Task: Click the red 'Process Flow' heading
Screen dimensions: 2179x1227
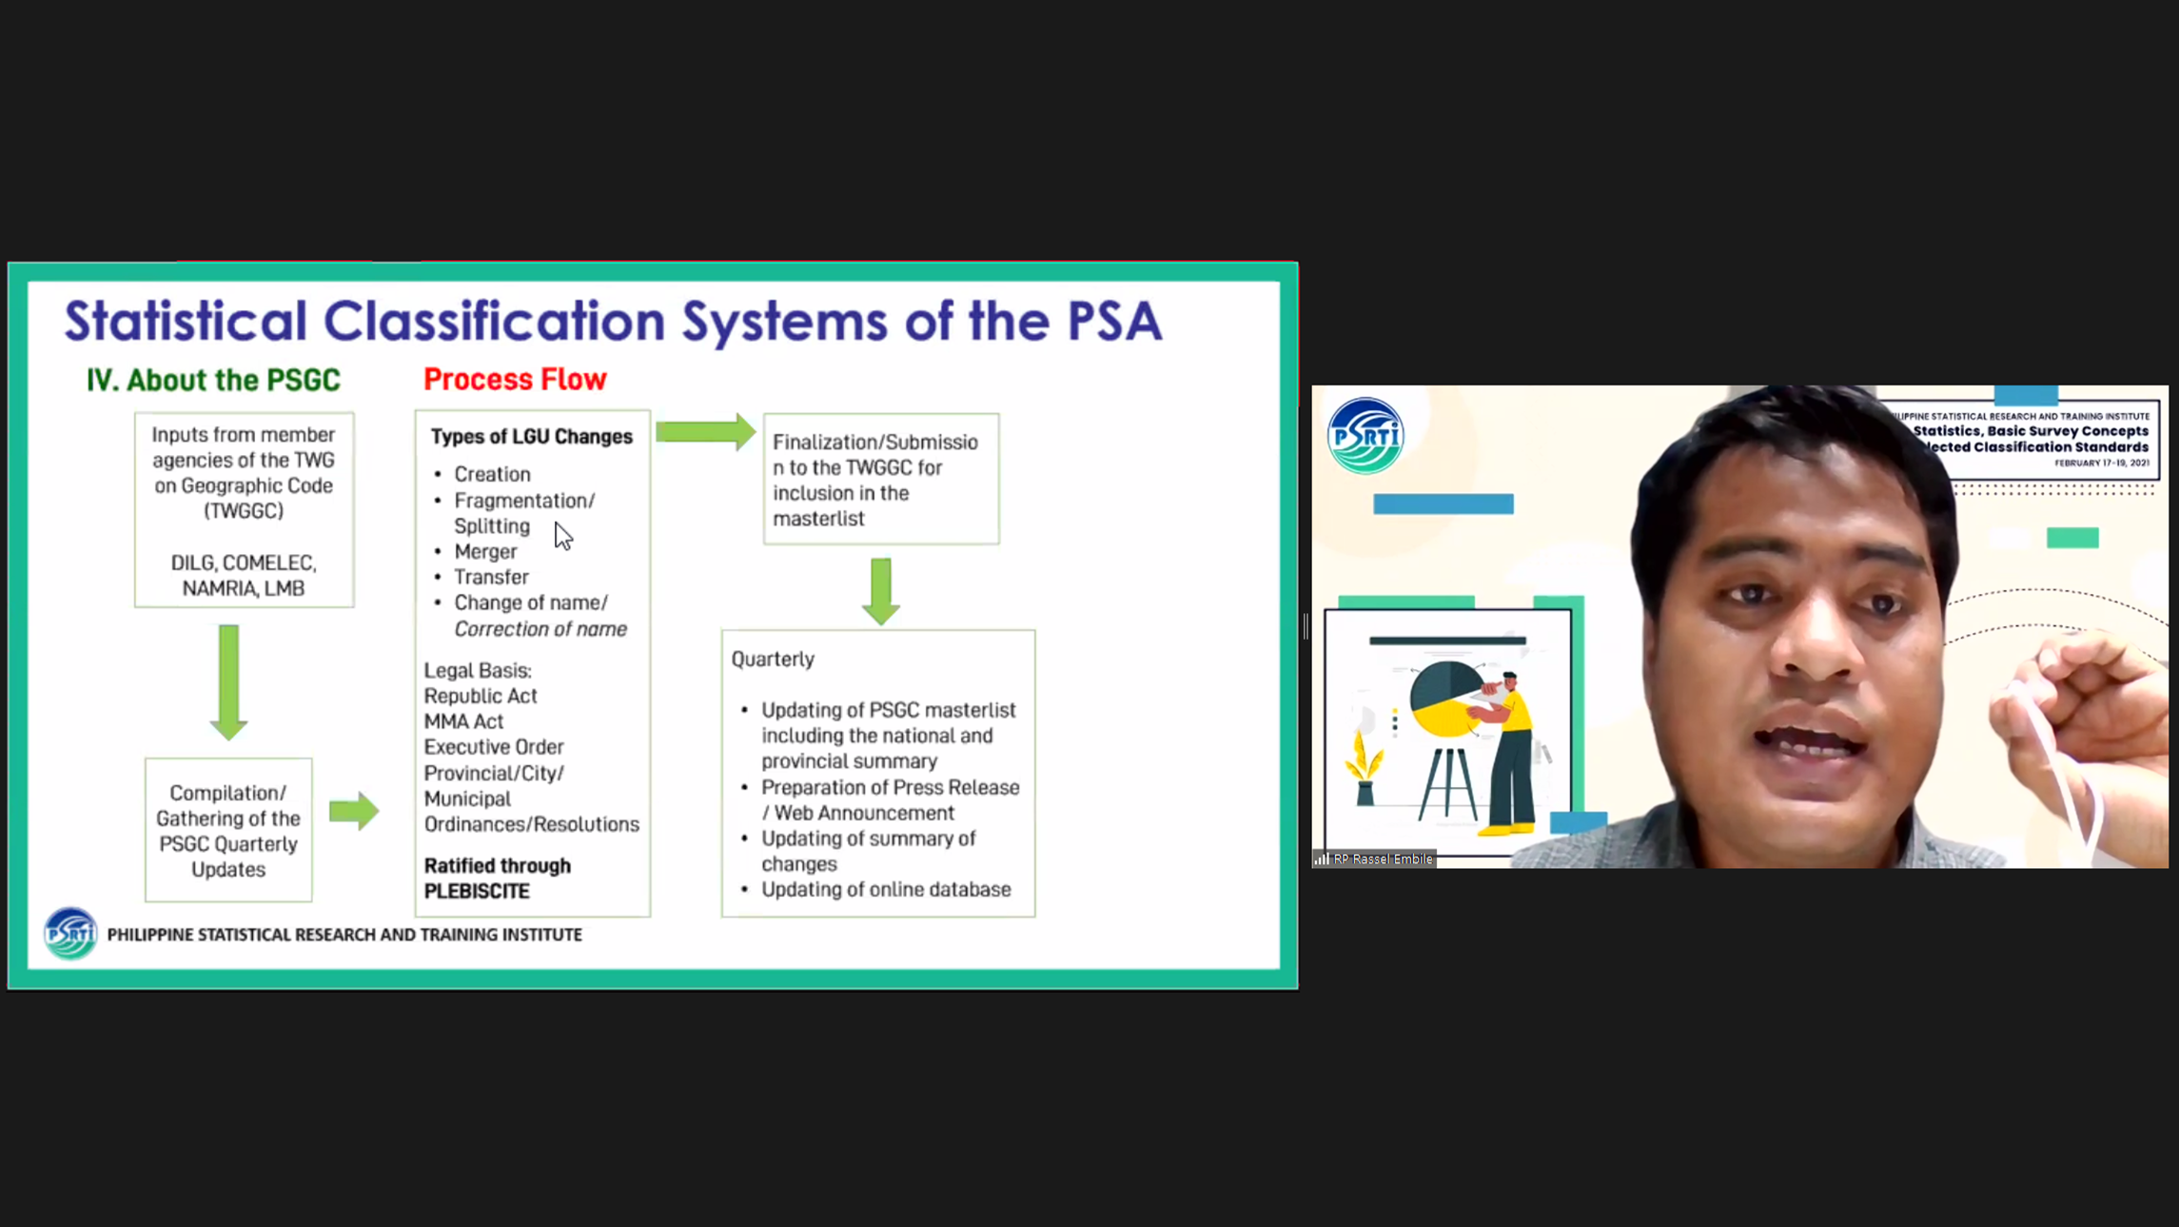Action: point(515,379)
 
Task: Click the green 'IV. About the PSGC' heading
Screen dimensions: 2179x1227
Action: point(213,380)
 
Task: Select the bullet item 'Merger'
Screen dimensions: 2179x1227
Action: point(485,551)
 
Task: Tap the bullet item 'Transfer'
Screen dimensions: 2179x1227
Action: point(491,577)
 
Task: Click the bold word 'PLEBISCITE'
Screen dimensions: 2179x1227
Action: point(477,891)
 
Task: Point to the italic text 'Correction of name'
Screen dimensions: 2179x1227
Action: point(540,628)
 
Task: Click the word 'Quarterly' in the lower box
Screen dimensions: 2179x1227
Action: point(773,659)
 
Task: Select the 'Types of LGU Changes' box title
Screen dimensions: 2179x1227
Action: point(531,436)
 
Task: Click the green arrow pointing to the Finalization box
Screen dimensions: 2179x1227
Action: point(705,432)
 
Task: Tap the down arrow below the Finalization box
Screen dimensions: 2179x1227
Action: point(881,591)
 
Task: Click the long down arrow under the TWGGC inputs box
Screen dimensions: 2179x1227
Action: point(228,682)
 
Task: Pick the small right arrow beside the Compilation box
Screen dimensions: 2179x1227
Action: point(354,810)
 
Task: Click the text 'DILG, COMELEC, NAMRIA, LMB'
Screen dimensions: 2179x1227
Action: point(244,575)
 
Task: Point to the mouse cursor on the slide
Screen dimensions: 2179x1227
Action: point(563,536)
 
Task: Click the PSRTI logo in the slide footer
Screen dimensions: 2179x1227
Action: point(70,933)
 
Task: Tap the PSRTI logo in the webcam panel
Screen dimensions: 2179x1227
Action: point(1365,436)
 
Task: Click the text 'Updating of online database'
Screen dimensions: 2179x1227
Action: point(886,889)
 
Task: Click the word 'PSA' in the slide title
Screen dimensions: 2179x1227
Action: point(1114,321)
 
